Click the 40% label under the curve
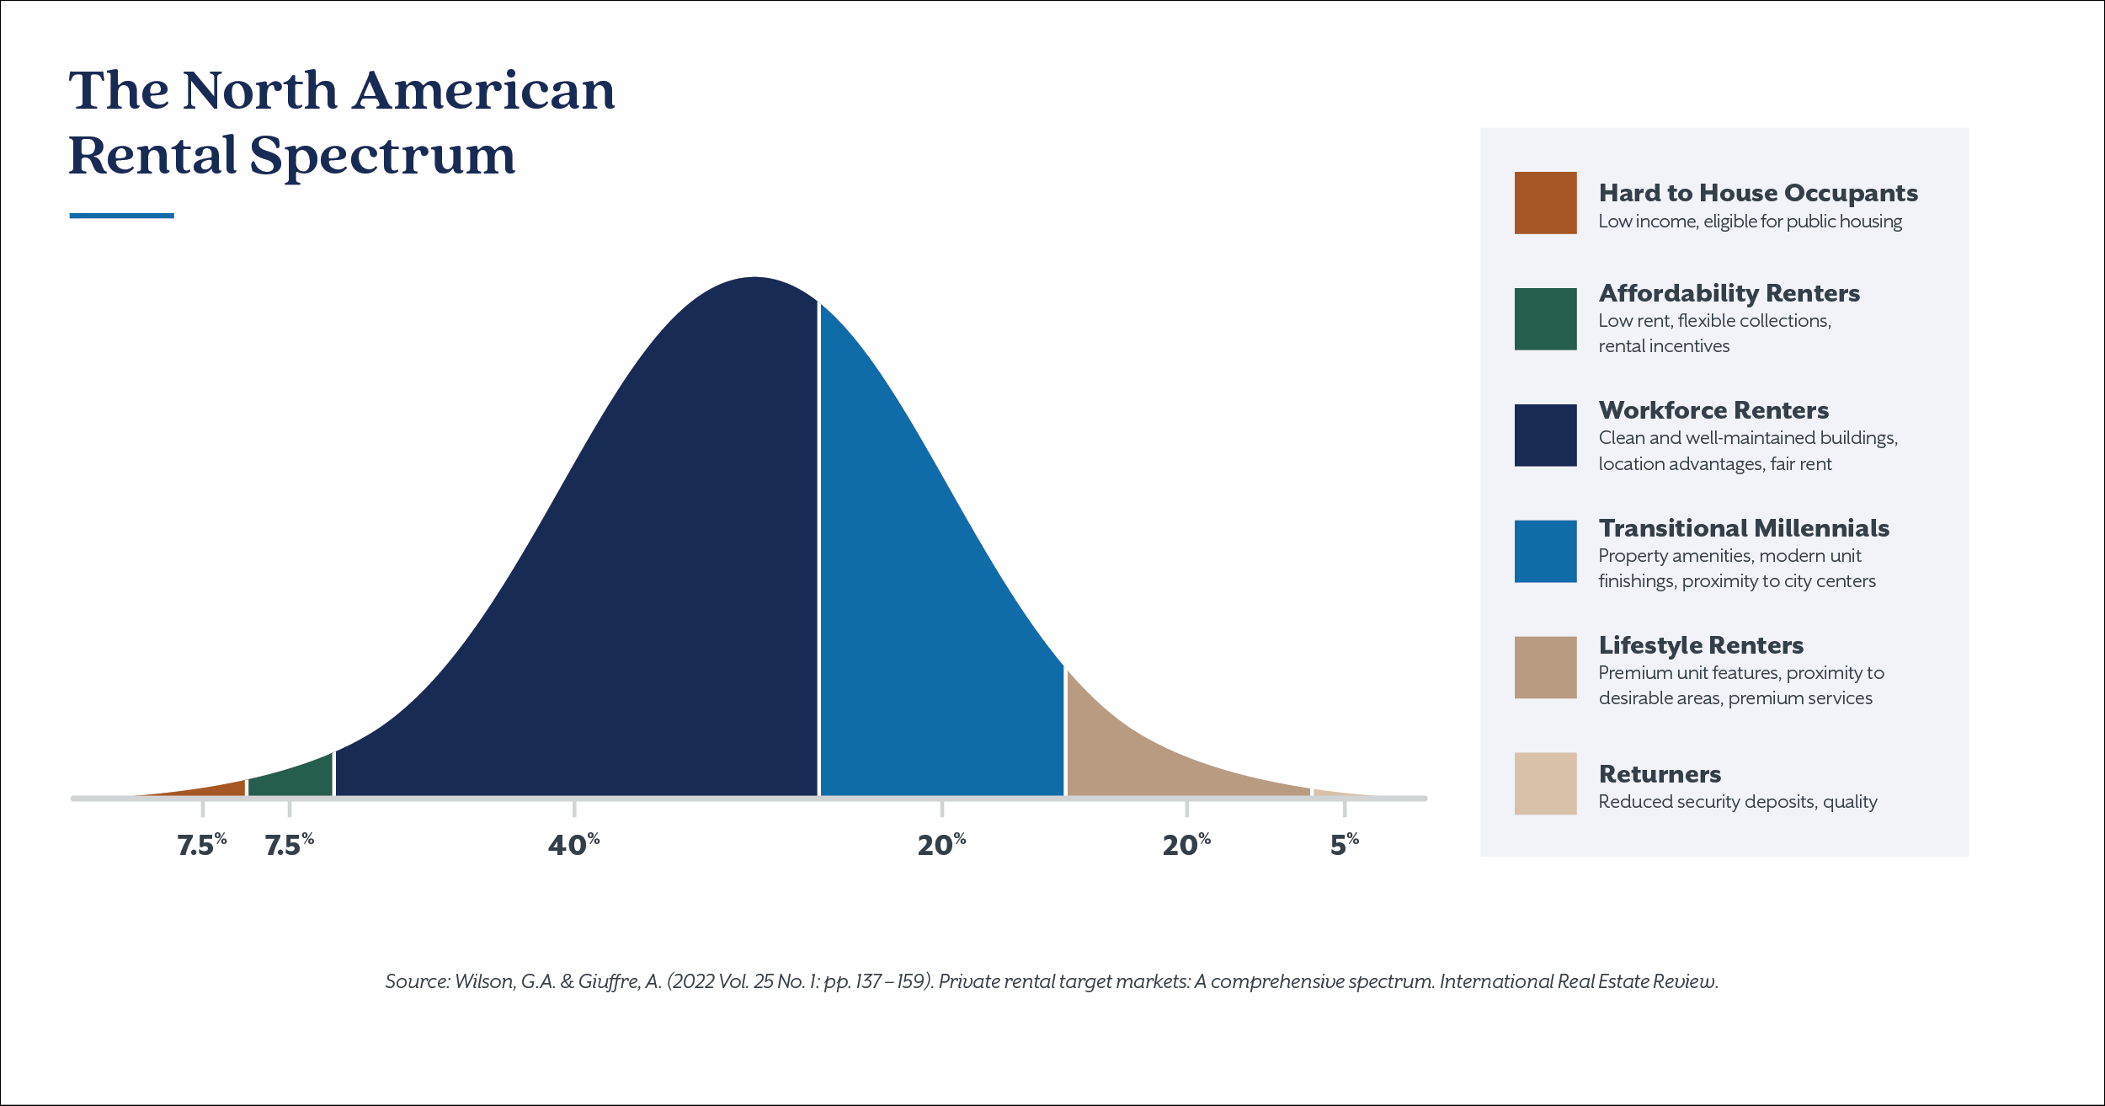coord(573,844)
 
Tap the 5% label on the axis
coord(1344,844)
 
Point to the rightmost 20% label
coord(1186,844)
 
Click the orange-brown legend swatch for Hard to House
coord(1545,203)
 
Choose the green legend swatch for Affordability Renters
coord(1545,319)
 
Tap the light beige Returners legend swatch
coord(1545,783)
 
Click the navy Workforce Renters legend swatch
coord(1545,435)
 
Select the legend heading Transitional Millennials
coord(1744,528)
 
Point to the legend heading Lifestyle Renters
coord(1701,645)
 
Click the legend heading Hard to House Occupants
coord(1758,193)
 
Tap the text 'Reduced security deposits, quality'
coord(1738,801)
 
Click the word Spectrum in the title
coord(382,157)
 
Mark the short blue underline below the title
coord(121,216)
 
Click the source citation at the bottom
coord(1052,981)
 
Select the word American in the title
coord(484,91)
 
